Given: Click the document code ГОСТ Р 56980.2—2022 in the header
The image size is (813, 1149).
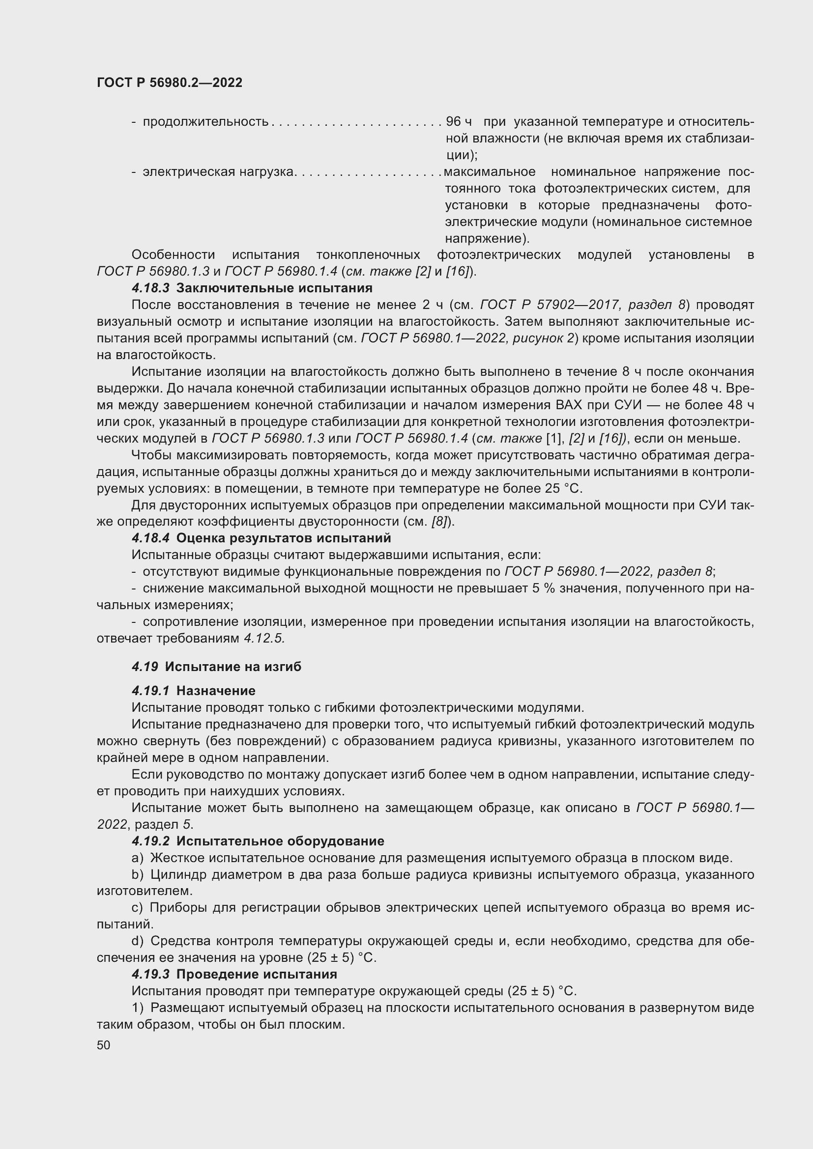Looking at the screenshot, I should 169,83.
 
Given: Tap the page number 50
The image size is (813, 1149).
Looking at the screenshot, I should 104,1045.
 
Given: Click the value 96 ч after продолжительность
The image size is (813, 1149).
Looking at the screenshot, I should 459,122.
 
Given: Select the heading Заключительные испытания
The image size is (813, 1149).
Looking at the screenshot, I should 274,288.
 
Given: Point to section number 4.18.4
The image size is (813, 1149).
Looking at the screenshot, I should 151,538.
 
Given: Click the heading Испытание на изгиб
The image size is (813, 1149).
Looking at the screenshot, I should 233,667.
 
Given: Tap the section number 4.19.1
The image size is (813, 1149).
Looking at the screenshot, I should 151,691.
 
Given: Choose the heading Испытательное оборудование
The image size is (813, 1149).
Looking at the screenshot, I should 280,841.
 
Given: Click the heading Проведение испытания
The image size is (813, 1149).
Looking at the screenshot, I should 257,974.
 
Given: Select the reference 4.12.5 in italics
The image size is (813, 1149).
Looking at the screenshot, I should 264,639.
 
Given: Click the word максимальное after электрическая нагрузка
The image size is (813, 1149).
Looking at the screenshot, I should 490,171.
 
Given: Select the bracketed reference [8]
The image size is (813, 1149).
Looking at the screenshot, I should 439,522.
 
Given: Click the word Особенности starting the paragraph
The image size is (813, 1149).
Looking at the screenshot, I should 173,255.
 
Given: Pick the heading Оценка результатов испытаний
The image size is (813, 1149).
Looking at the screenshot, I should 284,538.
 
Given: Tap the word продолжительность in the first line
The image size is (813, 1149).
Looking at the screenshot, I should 206,122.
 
